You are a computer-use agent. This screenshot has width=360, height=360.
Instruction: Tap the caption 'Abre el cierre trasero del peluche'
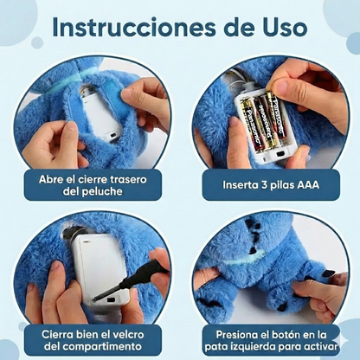click(x=93, y=184)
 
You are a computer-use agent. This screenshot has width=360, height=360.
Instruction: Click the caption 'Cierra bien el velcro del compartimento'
click(x=93, y=339)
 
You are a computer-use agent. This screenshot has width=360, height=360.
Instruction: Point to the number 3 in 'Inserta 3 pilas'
click(x=260, y=184)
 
